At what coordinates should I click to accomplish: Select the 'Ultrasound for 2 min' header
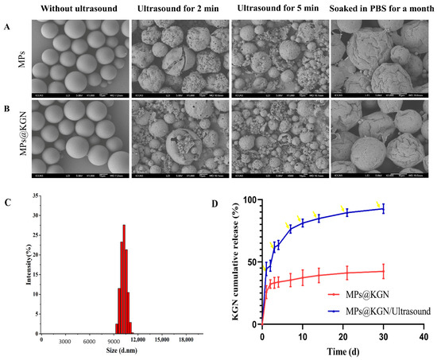coord(180,10)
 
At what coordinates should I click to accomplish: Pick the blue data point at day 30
coord(383,209)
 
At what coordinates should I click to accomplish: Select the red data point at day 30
coord(383,272)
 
